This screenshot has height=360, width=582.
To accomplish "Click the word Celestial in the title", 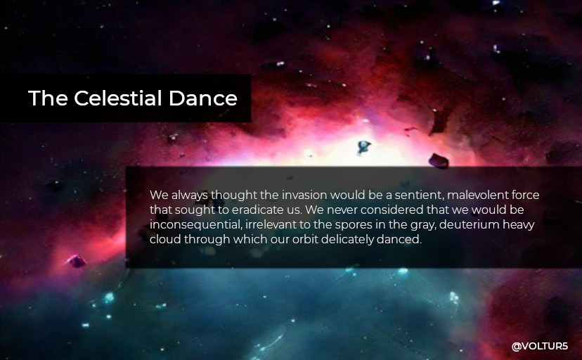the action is coord(118,98).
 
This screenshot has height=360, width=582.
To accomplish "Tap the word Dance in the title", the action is coord(203,98).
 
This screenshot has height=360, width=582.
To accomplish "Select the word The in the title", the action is coord(48,98).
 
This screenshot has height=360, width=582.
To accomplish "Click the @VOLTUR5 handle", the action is coord(540,346).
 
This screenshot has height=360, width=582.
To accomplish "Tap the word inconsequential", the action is coord(195,224).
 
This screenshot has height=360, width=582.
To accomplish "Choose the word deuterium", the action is coord(469,224).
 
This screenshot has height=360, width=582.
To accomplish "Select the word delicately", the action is coord(347,239).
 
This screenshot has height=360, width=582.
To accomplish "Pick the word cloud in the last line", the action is coord(165,239).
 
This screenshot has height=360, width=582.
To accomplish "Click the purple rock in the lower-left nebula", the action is coord(77,261).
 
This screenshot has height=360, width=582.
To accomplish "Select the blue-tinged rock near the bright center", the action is coord(363,147).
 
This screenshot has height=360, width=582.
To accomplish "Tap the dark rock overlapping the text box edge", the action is coord(439,161).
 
